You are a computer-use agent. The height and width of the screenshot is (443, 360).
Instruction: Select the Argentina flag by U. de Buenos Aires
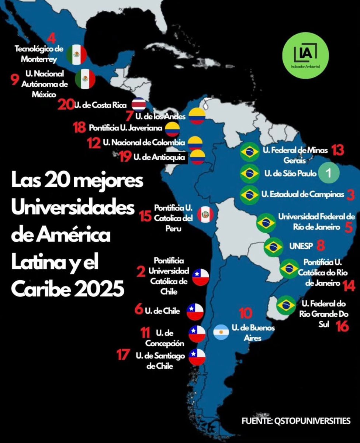[x=221, y=333]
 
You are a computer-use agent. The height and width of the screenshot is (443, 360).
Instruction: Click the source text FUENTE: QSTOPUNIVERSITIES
[x=296, y=420]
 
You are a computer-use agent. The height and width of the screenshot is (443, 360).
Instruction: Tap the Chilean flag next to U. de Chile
[x=195, y=311]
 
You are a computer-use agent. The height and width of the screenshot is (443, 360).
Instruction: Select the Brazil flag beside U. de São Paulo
[x=249, y=173]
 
